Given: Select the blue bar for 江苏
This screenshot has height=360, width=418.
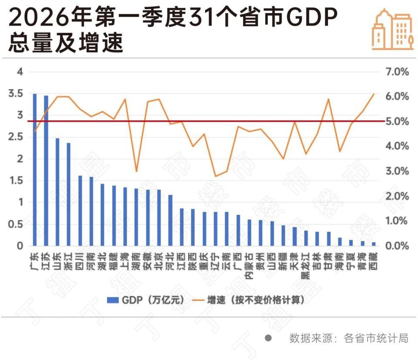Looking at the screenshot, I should [46, 170].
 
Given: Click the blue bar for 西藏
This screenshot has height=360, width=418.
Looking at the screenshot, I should [374, 244].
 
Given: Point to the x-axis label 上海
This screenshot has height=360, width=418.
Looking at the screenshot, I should [125, 261].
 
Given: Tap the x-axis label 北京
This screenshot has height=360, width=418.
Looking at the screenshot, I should [159, 261].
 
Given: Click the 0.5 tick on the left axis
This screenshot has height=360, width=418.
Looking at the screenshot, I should [16, 224].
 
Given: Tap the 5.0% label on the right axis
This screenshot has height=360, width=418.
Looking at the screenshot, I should [398, 121].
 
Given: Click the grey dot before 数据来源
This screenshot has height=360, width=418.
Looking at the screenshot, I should [268, 338].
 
